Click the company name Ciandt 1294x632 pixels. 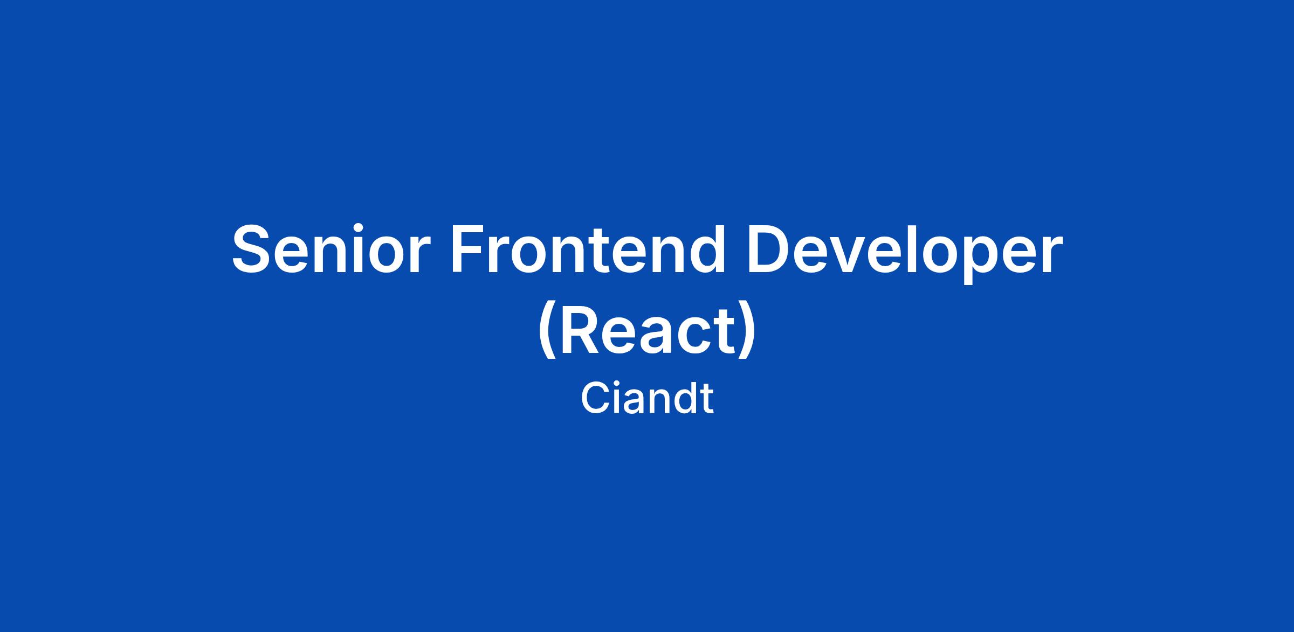[647, 398]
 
